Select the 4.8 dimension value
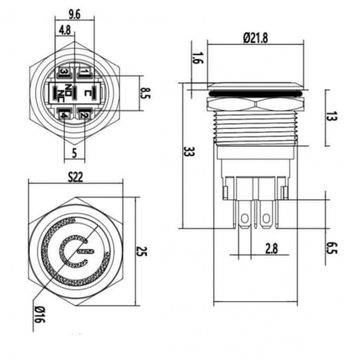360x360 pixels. tap(65, 30)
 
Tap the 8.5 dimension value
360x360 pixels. tap(146, 93)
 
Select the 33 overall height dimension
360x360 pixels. tap(190, 152)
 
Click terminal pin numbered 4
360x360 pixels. tap(64, 115)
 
